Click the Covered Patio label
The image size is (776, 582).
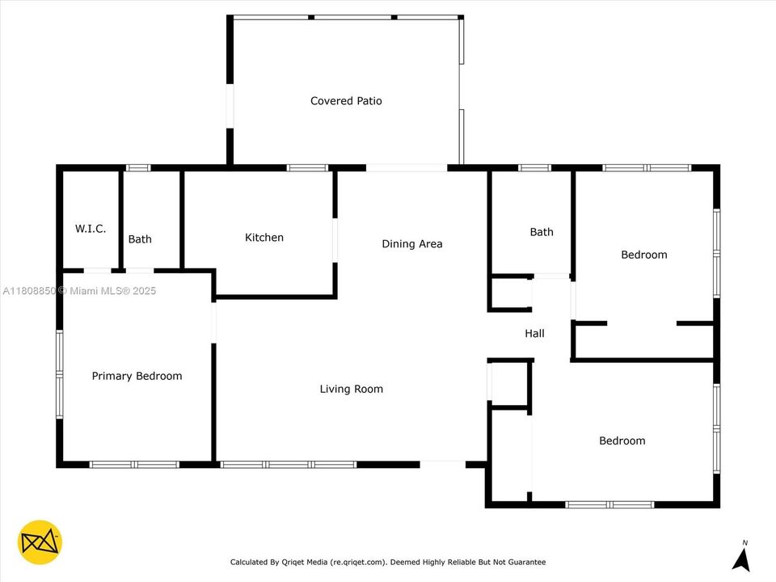346,101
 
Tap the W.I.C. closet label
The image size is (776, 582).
91,229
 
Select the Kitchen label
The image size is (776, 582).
264,238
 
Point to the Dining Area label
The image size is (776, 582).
411,243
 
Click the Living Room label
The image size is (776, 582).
351,389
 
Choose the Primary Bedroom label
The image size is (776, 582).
137,376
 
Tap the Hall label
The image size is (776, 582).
534,333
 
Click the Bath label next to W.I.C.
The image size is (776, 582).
140,239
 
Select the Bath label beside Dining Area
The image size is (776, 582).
542,232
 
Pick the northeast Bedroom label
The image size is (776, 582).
643,255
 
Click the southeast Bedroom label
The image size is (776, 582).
622,441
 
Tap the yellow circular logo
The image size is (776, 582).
40,542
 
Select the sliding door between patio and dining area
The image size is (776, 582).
407,168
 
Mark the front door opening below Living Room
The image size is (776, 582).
442,463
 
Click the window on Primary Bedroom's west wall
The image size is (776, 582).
59,373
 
